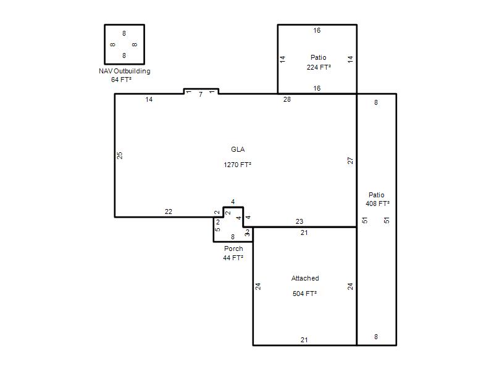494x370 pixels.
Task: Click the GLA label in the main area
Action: (238, 149)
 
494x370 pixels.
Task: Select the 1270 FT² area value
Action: (238, 165)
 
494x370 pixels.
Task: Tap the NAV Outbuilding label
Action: (125, 71)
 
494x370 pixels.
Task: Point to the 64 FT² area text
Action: (121, 80)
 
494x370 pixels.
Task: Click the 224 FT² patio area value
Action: (319, 67)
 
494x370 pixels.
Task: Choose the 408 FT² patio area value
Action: (377, 203)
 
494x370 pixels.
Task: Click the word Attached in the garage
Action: (305, 278)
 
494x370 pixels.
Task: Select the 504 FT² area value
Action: (304, 294)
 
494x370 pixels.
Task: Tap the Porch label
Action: (233, 249)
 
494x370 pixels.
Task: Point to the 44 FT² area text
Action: (233, 258)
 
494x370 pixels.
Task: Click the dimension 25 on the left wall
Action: (120, 155)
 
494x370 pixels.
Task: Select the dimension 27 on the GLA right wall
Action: (350, 160)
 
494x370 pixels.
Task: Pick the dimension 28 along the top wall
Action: (287, 99)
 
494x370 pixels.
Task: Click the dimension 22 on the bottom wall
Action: (169, 212)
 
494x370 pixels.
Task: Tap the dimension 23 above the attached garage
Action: (299, 221)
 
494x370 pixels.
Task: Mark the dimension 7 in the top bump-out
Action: (201, 94)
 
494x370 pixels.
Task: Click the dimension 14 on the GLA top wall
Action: (149, 99)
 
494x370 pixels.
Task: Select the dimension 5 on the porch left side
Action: (217, 229)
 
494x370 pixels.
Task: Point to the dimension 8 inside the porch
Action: (233, 237)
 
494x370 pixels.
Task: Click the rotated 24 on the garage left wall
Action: (258, 286)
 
